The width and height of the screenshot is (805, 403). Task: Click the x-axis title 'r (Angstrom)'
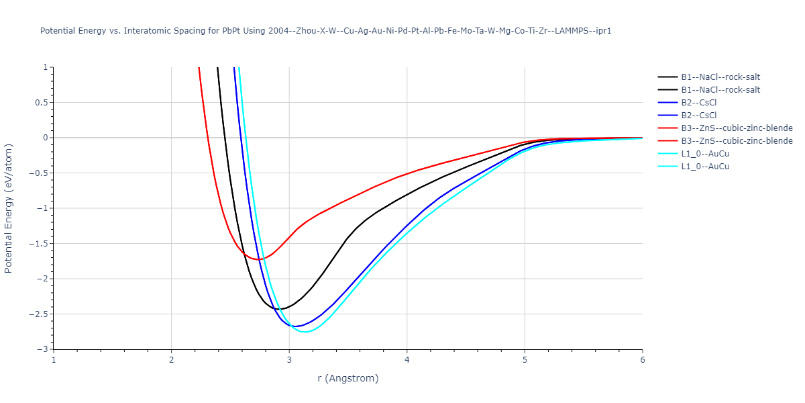(347, 378)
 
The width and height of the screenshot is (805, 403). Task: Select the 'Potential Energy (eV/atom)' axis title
(9, 208)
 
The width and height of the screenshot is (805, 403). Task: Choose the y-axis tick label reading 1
(45, 67)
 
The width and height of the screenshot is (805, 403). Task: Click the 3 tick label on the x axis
(289, 360)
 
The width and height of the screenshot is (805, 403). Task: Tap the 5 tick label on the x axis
(525, 360)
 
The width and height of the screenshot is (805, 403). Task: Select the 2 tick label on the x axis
(171, 360)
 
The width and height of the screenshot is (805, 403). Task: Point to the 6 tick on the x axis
(642, 360)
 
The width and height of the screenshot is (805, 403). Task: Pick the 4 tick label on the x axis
(407, 360)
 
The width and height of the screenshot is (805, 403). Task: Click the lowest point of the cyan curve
(305, 332)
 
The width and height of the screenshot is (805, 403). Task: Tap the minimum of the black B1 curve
(280, 309)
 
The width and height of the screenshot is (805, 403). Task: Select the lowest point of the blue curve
(295, 326)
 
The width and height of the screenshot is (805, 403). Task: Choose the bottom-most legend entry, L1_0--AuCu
(704, 167)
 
